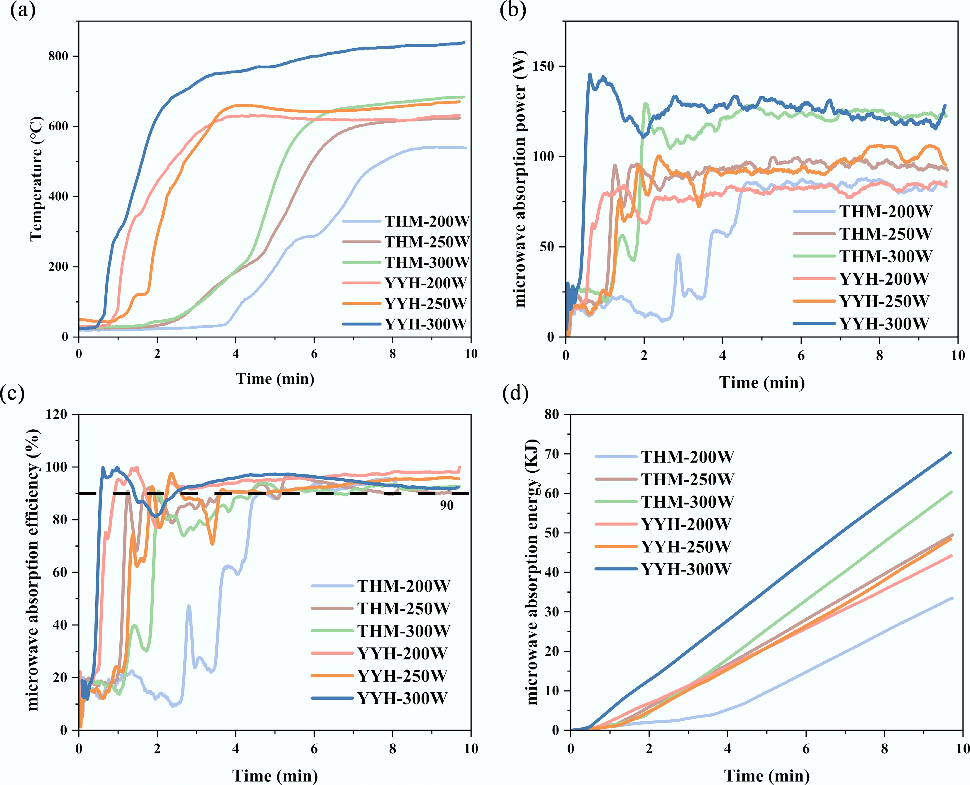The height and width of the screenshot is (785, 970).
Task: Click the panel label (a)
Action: coord(23,10)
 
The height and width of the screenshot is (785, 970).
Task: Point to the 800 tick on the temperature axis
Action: coord(58,56)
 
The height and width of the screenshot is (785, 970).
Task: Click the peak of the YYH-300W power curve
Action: coord(590,74)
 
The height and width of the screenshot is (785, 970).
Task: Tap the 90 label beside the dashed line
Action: coord(447,505)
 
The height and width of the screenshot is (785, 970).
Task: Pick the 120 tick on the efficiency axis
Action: coord(56,414)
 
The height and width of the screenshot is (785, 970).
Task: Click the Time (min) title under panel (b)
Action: coord(762,383)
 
